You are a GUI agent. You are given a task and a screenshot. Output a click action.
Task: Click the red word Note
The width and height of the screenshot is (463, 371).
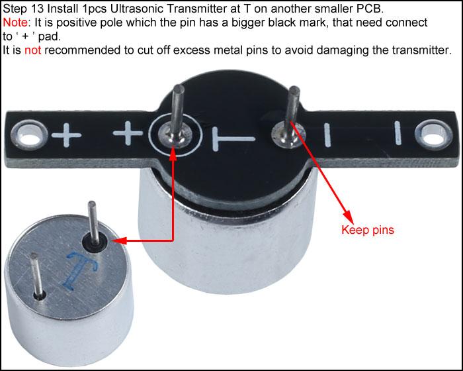coord(15,23)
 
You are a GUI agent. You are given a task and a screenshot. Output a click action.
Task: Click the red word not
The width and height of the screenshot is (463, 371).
coord(32,50)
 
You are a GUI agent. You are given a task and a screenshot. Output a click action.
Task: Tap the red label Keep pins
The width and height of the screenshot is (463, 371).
coord(368,230)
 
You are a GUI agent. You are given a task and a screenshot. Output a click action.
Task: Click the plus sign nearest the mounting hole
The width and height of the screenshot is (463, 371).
coord(66,135)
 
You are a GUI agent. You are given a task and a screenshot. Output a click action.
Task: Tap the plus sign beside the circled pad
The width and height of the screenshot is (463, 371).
coord(128,133)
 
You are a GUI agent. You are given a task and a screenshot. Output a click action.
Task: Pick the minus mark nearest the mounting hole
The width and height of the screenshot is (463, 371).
coord(398,133)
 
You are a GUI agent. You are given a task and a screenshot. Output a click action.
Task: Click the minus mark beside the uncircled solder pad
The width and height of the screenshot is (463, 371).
coord(327,135)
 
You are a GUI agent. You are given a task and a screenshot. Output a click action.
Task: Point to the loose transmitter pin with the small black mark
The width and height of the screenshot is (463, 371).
coord(37,276)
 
